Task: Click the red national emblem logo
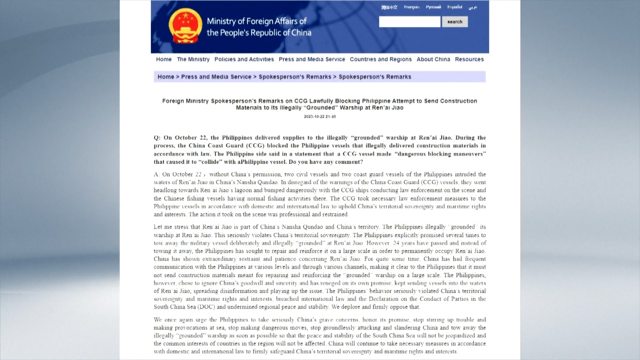185,26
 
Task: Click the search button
454,22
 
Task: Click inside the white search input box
409,22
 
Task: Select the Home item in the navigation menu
164,60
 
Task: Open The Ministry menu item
193,60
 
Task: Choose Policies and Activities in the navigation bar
244,60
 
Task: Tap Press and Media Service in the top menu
312,60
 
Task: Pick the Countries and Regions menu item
380,60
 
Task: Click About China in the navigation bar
433,60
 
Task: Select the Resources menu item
469,60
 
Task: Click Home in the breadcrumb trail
166,77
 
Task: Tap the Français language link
411,7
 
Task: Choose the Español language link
454,7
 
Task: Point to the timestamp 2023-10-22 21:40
320,117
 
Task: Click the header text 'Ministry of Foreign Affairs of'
257,21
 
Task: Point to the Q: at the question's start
157,138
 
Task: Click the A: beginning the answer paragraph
157,174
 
